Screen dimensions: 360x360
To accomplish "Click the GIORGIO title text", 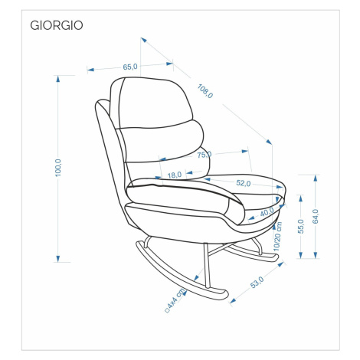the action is point(57,25).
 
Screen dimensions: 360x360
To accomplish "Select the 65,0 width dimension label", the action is point(130,67).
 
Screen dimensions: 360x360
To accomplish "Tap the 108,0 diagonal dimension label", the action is point(205,91).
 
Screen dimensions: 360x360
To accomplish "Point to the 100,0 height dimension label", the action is point(58,168).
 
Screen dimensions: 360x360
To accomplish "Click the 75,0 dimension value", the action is point(205,155).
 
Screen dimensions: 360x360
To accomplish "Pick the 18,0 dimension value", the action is point(175,175).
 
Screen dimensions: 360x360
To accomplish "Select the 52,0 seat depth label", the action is point(244,183).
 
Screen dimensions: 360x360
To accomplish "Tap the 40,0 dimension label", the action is point(267,212).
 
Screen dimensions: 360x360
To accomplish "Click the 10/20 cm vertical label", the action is point(277,237).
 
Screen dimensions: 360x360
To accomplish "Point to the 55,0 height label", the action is point(301,226).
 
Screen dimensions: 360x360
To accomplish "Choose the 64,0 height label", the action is point(316,216).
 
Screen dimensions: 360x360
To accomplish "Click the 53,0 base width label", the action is point(257,283).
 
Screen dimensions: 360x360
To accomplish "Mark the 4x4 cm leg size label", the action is point(177,299).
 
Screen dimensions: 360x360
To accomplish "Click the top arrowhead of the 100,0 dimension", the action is point(58,79).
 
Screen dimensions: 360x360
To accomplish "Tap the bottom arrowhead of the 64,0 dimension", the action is point(316,255).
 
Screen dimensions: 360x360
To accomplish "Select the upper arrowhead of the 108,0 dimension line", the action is point(144,40).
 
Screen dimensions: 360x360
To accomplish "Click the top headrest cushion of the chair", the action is point(151,102).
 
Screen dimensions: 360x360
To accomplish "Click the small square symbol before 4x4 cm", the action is point(168,310).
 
